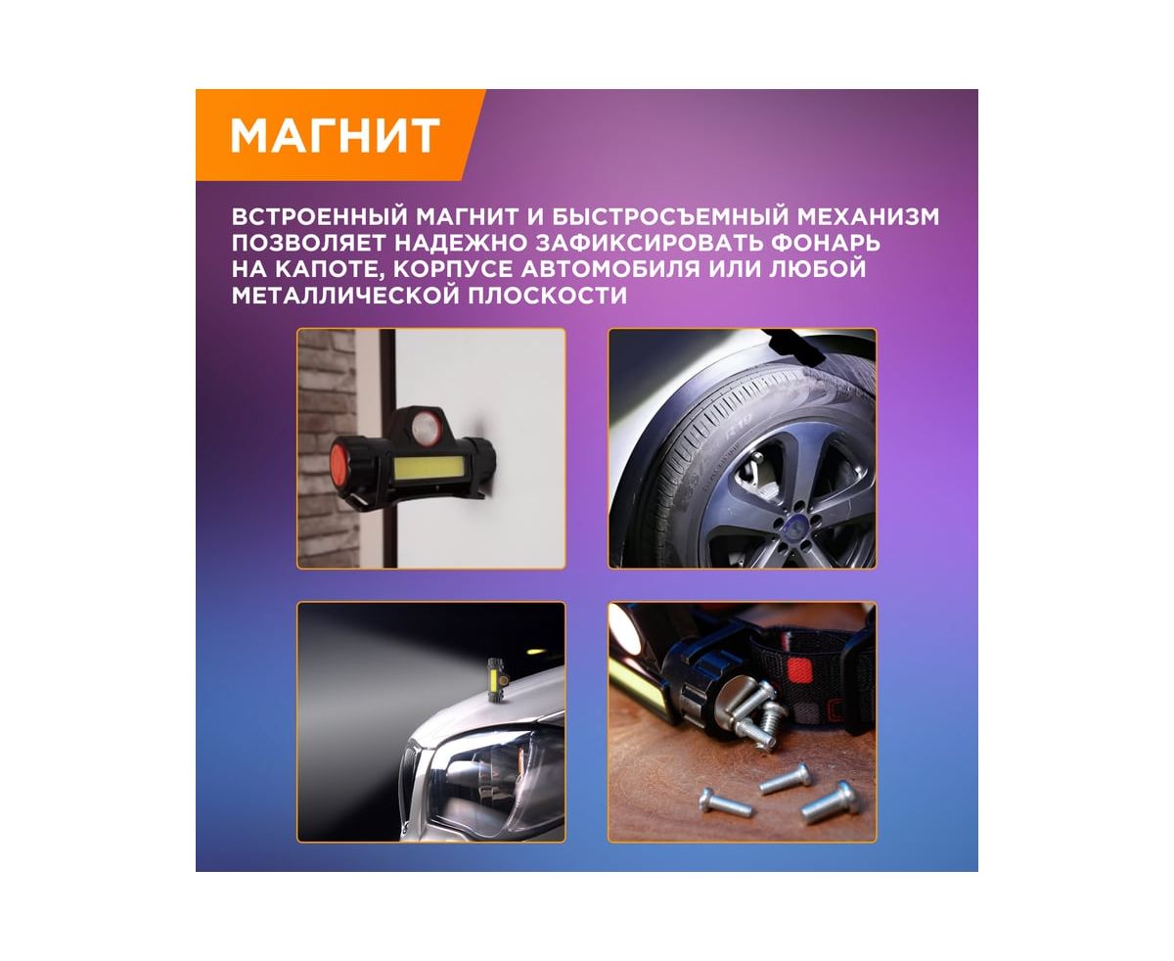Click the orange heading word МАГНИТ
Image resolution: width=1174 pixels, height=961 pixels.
pos(336,135)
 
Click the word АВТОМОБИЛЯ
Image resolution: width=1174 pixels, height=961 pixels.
pos(610,268)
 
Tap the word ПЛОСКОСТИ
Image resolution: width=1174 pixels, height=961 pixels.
pos(547,296)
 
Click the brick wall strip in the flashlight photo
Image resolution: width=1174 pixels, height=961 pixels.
pos(328,448)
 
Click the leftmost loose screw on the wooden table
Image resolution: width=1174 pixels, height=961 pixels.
pos(726,803)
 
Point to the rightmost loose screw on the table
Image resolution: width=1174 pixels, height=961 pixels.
pos(832,802)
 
